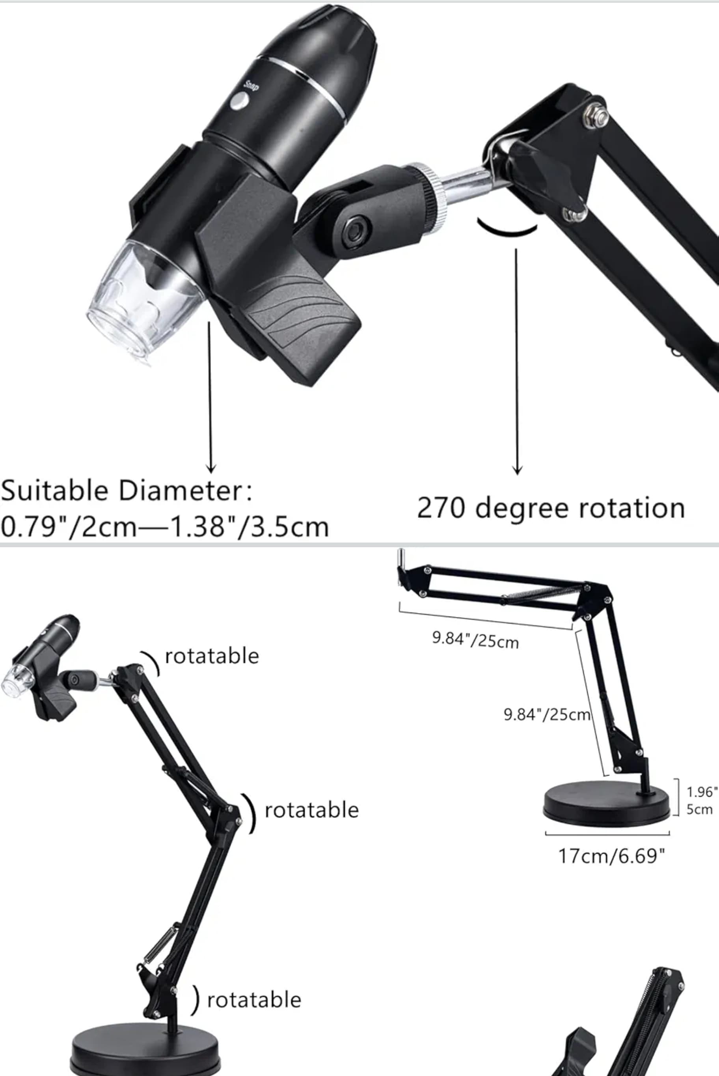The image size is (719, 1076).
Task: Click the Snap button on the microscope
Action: (239, 101)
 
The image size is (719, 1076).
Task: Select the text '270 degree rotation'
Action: (551, 508)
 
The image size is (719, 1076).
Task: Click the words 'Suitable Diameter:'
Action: (126, 490)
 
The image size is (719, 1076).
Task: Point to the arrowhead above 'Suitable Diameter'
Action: (210, 468)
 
